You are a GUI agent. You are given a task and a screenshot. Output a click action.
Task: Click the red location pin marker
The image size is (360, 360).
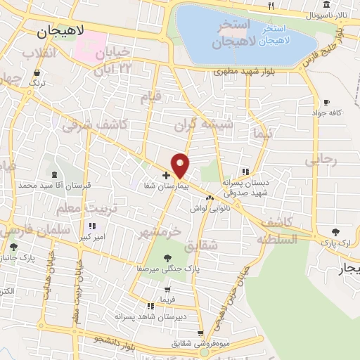point(181,165)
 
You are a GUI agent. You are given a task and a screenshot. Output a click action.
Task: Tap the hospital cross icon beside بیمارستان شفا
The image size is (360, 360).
point(166,175)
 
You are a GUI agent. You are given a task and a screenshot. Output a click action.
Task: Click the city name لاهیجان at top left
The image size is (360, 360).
point(60,32)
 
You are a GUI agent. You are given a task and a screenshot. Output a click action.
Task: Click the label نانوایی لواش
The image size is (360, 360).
point(209,209)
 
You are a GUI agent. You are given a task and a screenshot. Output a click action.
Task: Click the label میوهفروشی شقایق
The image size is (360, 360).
point(200,344)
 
